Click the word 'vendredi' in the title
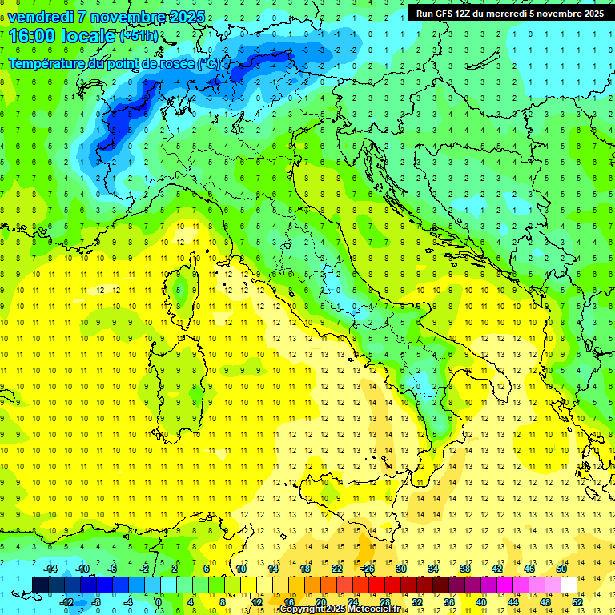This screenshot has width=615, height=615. (x=40, y=17)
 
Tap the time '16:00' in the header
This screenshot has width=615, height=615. (x=33, y=36)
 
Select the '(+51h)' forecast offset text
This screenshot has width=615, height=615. (x=139, y=36)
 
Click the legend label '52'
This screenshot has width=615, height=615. (x=577, y=602)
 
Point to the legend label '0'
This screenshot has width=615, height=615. (x=159, y=602)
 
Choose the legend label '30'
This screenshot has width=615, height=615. (x=401, y=569)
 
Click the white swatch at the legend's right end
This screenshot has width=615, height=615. (x=569, y=585)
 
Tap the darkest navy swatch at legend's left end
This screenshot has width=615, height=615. (x=40, y=585)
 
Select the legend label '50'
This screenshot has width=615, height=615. (x=561, y=569)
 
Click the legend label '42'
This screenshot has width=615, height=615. (x=497, y=569)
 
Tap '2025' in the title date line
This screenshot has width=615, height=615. (x=187, y=17)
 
